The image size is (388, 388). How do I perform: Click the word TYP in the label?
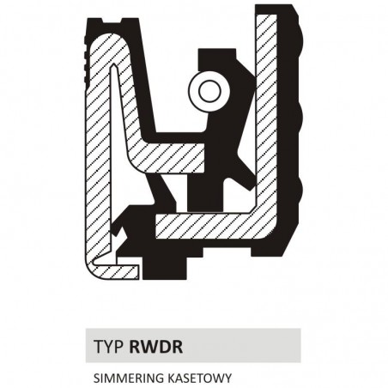pyautogui.click(x=109, y=346)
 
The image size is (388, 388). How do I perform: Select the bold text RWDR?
pyautogui.click(x=156, y=346)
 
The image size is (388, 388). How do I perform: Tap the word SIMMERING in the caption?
pyautogui.click(x=128, y=379)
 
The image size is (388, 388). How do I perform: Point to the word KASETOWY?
pyautogui.click(x=198, y=379)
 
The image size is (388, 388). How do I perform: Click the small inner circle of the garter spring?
pyautogui.click(x=210, y=91)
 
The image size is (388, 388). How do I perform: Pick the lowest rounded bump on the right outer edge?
pyautogui.click(x=300, y=189)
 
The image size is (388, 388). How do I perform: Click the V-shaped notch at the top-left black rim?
pyautogui.click(x=112, y=21)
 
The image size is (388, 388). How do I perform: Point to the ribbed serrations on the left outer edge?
pyautogui.click(x=85, y=62)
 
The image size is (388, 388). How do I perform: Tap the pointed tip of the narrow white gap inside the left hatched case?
pyautogui.click(x=114, y=64)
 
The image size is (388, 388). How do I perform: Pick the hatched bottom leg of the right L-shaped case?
pyautogui.click(x=212, y=226)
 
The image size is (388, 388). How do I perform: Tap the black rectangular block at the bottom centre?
pyautogui.click(x=165, y=268)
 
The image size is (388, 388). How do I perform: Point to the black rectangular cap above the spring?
pyautogui.click(x=217, y=57)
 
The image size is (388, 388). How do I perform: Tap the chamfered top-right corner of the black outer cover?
pyautogui.click(x=295, y=9)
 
